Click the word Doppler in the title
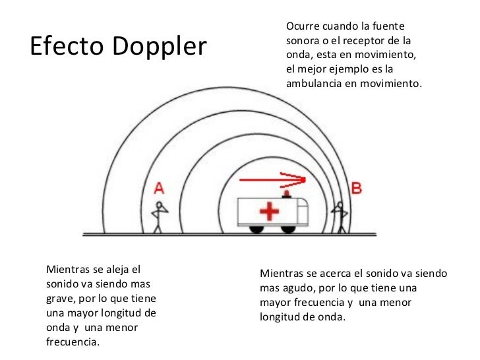click(160, 47)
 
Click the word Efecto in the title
click(67, 45)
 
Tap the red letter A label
click(159, 189)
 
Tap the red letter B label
click(356, 188)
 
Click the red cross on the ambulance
click(269, 211)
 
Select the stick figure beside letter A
click(159, 217)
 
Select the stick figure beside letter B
click(340, 218)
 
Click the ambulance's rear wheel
click(256, 229)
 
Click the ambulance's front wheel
click(288, 229)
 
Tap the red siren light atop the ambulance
click(287, 194)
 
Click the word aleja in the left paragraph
click(115, 270)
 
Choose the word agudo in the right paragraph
click(299, 288)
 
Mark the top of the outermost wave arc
click(227, 88)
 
